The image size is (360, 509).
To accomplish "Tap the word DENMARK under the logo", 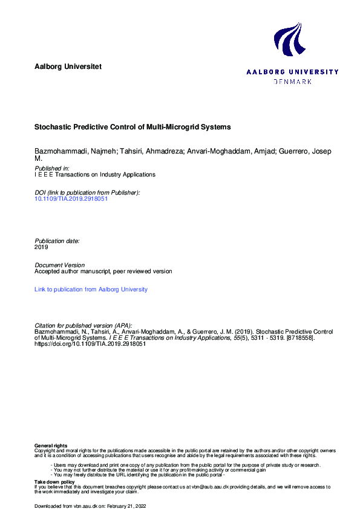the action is pyautogui.click(x=293, y=81).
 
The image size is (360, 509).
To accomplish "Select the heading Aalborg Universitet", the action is pyautogui.click(x=68, y=66).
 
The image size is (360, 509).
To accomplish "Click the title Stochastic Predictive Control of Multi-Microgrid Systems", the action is pyautogui.click(x=133, y=128).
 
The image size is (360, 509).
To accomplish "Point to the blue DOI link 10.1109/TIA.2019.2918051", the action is pyautogui.click(x=71, y=198).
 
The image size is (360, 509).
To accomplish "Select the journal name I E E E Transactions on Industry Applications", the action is pyautogui.click(x=95, y=175).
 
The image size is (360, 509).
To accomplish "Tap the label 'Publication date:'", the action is pyautogui.click(x=57, y=241).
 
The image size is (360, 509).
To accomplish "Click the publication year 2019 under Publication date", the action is pyautogui.click(x=41, y=247).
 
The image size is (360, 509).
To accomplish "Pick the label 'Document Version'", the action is pyautogui.click(x=60, y=265).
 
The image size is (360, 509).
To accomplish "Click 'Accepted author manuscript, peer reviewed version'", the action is pyautogui.click(x=103, y=271).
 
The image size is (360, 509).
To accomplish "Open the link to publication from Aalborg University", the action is pyautogui.click(x=91, y=290).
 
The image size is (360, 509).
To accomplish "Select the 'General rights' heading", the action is pyautogui.click(x=51, y=446).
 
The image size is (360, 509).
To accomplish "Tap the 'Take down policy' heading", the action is pyautogui.click(x=54, y=482).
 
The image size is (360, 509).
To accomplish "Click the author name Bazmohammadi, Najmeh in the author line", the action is pyautogui.click(x=67, y=151).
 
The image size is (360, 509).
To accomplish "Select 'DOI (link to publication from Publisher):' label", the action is pyautogui.click(x=88, y=192).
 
